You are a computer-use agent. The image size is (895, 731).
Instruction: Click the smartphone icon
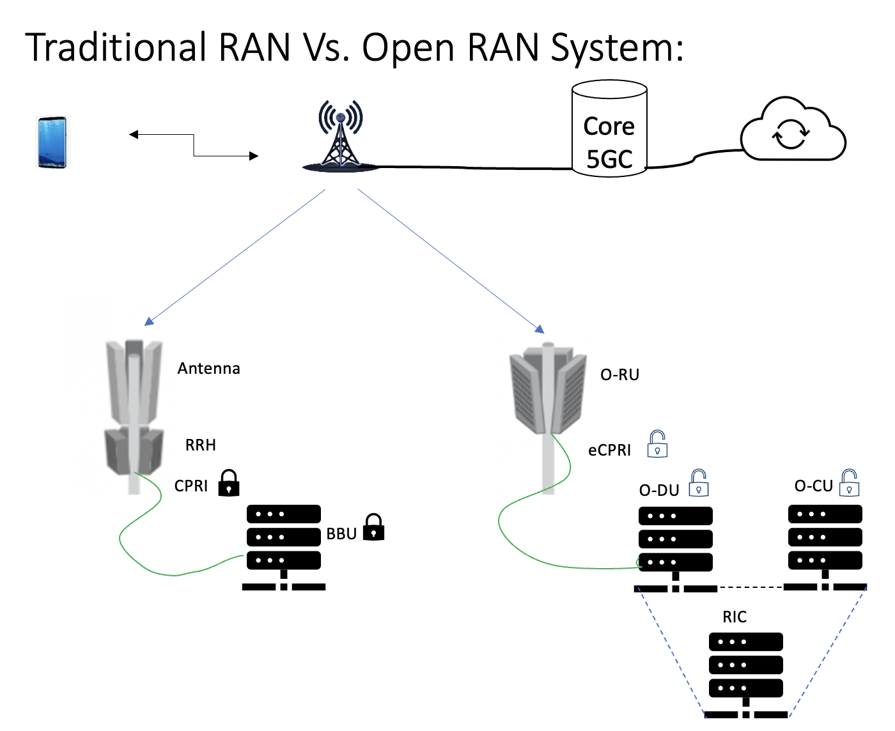point(52,142)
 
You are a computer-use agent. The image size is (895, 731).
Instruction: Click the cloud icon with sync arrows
point(792,132)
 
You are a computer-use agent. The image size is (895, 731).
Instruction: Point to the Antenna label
point(208,369)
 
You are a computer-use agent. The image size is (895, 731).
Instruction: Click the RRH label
point(200,445)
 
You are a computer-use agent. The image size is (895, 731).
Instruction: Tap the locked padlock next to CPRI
point(229,483)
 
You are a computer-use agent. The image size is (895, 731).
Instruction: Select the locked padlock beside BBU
point(373,528)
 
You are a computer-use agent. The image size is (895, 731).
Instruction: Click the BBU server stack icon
point(284,546)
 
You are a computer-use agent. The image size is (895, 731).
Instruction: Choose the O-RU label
point(619,375)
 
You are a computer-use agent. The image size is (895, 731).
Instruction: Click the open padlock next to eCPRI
point(657,444)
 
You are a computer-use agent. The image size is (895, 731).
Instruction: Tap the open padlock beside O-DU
point(698,484)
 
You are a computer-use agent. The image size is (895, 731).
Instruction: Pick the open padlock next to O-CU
point(849,483)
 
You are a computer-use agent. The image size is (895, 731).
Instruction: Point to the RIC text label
point(735,617)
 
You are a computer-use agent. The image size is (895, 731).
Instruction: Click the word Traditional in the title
point(116,48)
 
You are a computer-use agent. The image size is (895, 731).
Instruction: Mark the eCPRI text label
point(609,450)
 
